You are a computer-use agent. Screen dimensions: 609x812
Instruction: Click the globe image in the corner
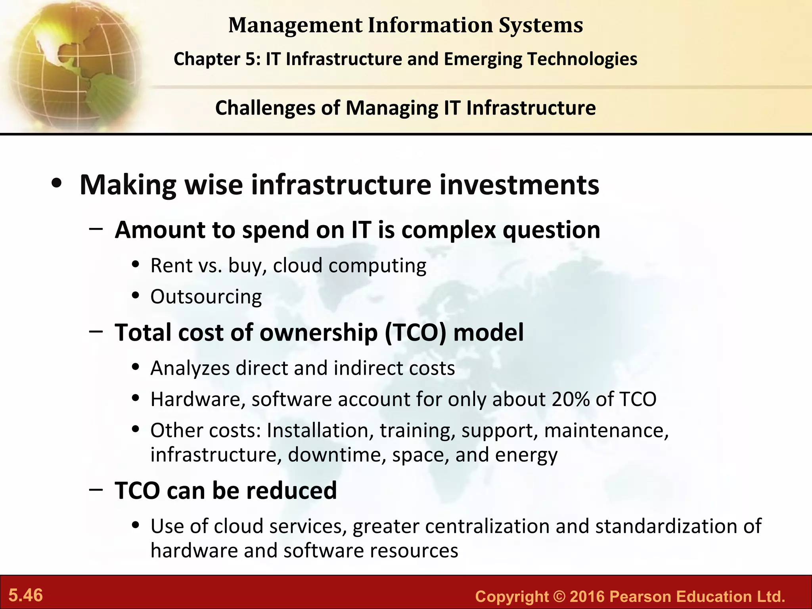(x=71, y=63)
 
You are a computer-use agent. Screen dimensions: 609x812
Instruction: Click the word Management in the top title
(x=295, y=25)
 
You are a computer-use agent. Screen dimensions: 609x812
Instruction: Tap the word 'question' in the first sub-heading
(x=552, y=230)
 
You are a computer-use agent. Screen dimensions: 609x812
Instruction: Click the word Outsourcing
(x=206, y=297)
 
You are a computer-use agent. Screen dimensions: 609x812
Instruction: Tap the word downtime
(x=336, y=455)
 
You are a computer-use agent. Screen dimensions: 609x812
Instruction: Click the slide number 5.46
(x=26, y=595)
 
